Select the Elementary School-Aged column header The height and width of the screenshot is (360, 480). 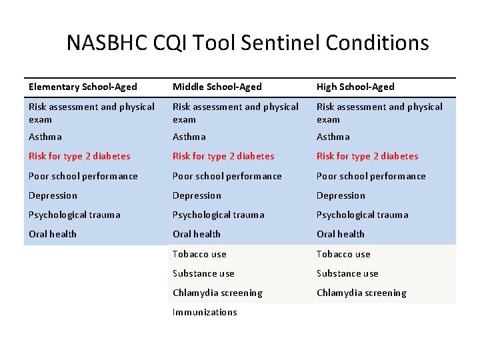click(x=83, y=87)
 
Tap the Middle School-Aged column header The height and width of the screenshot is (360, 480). click(x=217, y=87)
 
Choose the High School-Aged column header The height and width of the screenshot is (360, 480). click(x=355, y=87)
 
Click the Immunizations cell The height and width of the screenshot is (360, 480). click(x=205, y=312)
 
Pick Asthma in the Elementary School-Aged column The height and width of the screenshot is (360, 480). click(x=45, y=137)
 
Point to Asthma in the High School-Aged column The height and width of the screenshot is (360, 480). click(x=333, y=137)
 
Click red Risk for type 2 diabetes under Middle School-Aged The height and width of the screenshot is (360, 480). click(x=223, y=156)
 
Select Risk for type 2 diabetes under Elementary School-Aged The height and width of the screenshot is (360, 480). click(x=79, y=156)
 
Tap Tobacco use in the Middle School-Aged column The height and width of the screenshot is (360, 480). click(x=199, y=254)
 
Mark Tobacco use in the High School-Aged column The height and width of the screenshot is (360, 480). click(x=343, y=254)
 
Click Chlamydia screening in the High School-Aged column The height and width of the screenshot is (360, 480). click(x=361, y=293)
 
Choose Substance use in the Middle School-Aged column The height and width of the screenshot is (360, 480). click(x=203, y=273)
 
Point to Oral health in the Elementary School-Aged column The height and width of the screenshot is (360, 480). click(x=53, y=234)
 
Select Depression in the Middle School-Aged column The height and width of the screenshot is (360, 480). click(x=197, y=195)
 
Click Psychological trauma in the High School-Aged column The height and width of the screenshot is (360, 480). click(x=363, y=215)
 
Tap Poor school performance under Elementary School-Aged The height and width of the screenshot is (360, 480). click(x=83, y=176)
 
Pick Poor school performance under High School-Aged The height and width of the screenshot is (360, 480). click(x=371, y=176)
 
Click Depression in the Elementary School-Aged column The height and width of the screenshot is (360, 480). click(x=53, y=195)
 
